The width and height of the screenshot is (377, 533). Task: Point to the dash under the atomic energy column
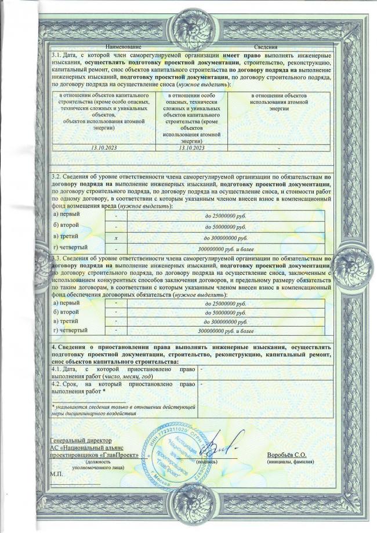[278, 147]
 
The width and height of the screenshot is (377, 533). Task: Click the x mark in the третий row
[116, 238]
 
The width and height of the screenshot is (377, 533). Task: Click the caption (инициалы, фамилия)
[290, 462]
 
